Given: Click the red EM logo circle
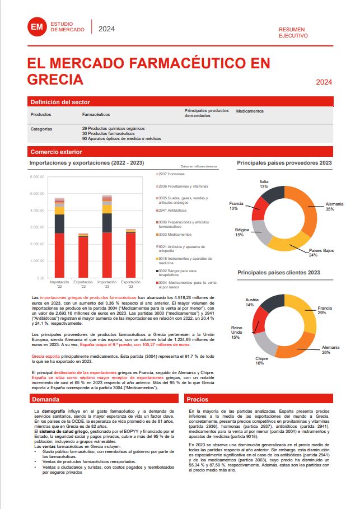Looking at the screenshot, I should [x=38, y=26].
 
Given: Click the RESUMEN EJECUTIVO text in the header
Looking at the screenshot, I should [x=293, y=32].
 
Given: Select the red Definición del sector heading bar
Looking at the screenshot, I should [x=180, y=102].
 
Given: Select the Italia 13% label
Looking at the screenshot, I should [x=264, y=184].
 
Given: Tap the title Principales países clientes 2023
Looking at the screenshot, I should [x=278, y=273].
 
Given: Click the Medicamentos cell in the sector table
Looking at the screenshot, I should [x=250, y=111].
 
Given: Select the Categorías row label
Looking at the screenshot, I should [x=41, y=128].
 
